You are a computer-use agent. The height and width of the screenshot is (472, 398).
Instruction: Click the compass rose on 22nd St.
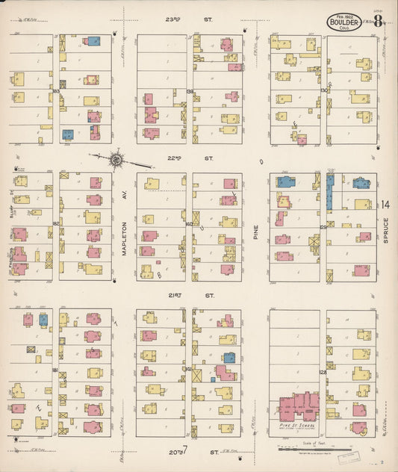click(x=116, y=158)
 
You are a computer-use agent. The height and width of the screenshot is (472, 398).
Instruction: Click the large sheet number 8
click(x=379, y=20)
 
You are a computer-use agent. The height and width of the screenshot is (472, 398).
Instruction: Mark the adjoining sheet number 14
click(x=385, y=205)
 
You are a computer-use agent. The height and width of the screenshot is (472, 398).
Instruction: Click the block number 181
click(x=55, y=370)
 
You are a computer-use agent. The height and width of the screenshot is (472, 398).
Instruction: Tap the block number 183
click(x=55, y=91)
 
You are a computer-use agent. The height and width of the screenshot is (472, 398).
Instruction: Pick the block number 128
click(x=323, y=371)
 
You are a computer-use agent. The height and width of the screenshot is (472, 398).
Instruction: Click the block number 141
click(x=189, y=369)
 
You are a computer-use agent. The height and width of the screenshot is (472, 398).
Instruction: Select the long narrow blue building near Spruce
click(x=329, y=192)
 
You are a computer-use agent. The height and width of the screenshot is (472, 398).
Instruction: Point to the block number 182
click(x=55, y=223)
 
